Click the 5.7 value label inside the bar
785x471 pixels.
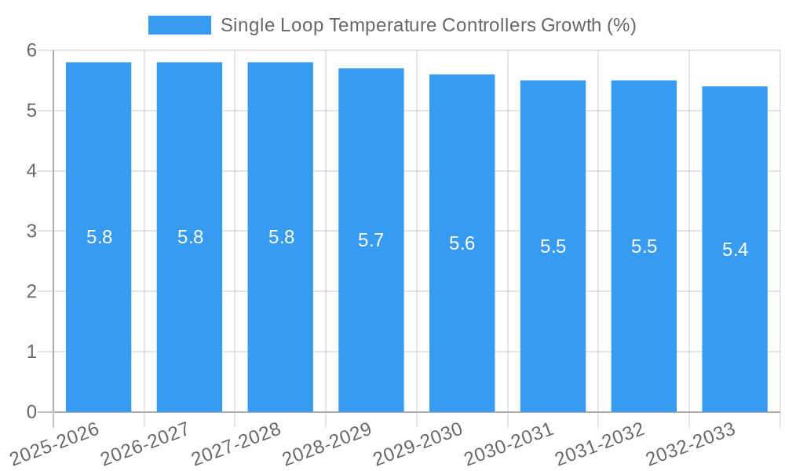pos(371,240)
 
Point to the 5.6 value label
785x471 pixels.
pos(462,243)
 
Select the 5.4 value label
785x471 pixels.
pos(735,250)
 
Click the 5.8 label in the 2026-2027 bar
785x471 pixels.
pos(190,237)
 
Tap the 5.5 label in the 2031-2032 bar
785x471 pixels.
pos(644,246)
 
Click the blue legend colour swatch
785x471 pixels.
pos(179,25)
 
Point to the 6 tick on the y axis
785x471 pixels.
pos(32,50)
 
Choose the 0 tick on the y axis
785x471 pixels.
pos(32,412)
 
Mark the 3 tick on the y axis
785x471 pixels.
pos(32,232)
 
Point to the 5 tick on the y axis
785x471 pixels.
pos(32,111)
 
